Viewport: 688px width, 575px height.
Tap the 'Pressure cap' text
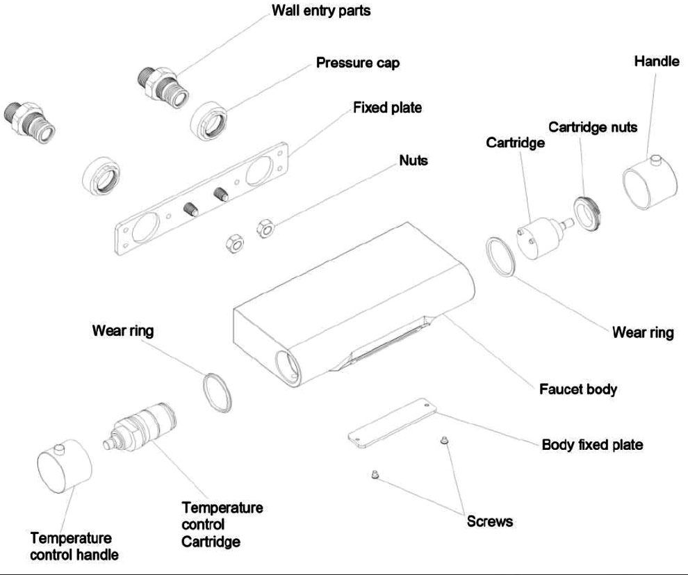358,63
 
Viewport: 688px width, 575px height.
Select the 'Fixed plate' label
387,108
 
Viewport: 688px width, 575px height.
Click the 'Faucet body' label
578,389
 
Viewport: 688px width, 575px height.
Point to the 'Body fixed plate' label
592,445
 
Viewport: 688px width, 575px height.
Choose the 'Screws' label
490,521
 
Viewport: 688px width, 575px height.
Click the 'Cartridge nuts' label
593,128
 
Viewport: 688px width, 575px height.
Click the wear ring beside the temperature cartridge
217,391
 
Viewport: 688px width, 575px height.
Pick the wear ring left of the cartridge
500,257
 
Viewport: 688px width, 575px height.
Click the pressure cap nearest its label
211,119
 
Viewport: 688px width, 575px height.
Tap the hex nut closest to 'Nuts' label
265,227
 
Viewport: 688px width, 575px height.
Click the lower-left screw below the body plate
374,475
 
